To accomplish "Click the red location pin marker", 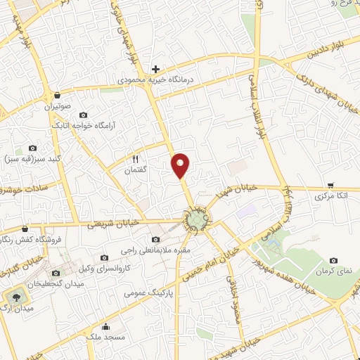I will coord(181,165).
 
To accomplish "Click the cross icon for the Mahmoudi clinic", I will coord(155,70).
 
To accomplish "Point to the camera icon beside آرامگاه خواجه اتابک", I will coord(84,115).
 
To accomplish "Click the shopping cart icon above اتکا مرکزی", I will coord(330,184).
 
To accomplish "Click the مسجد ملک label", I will coord(105,337).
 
